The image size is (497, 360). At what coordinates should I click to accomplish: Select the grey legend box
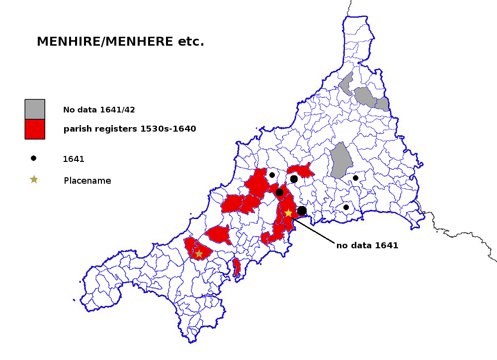pos(35,109)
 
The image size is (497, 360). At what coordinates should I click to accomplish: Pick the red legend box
pos(35,129)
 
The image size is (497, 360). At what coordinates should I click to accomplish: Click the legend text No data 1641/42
pos(99,110)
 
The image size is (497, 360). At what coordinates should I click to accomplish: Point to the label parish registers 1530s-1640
pos(130,129)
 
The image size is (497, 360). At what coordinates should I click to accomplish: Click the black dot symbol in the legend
pos(33,158)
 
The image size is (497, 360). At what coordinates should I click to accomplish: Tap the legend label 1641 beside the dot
pos(74,159)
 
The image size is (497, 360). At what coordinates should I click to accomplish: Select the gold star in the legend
pos(34,179)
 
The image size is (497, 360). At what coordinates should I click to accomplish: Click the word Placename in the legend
pos(87,181)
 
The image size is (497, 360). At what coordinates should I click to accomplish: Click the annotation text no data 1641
pos(367,245)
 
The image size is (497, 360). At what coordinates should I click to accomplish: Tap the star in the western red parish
pos(199,254)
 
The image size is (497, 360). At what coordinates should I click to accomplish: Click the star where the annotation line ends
pos(288,213)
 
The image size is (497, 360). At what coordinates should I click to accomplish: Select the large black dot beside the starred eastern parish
pos(302,211)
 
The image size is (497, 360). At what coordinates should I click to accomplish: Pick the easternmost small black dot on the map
pos(355,178)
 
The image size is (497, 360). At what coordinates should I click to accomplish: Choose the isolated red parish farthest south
pos(237,267)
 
